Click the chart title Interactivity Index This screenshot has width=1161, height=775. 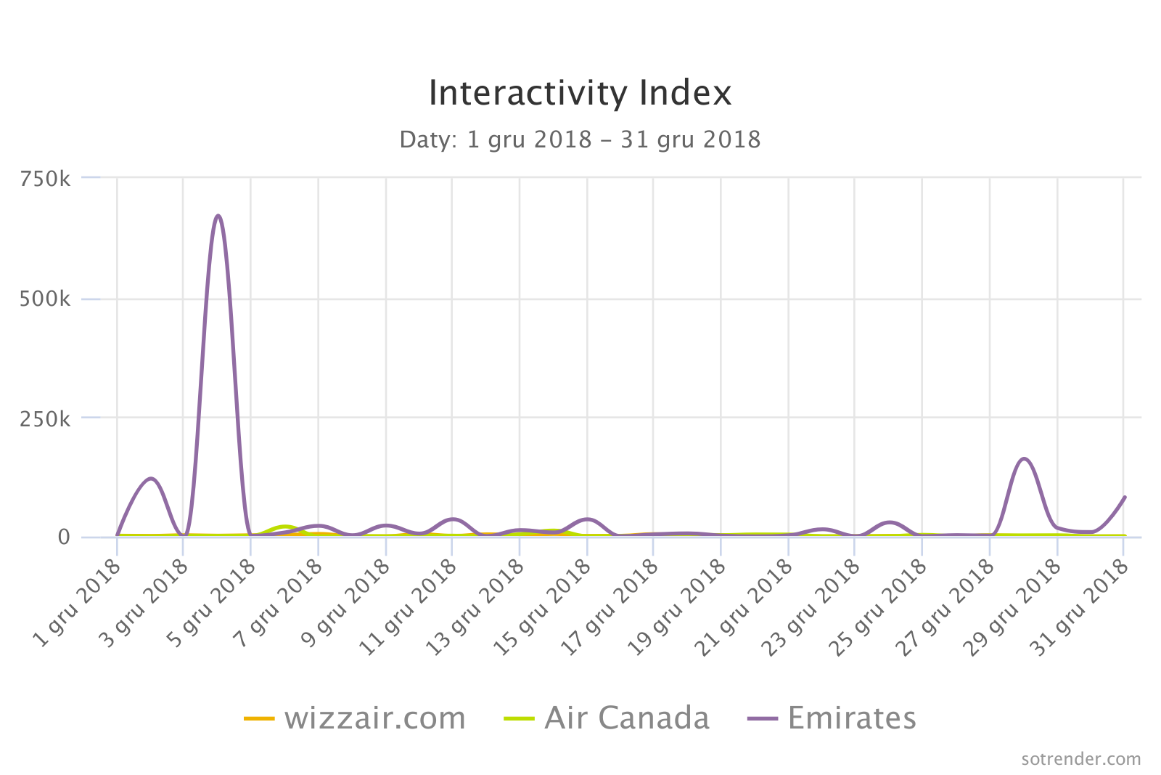coord(580,93)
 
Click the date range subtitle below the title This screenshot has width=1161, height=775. coord(580,139)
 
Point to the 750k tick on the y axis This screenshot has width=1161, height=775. coord(45,179)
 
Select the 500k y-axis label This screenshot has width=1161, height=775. coord(45,299)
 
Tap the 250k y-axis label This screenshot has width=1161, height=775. coord(45,418)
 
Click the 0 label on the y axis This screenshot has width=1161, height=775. coord(64,537)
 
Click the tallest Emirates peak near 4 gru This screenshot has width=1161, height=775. coord(218,216)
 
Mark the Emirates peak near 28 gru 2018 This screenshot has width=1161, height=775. coord(1024,458)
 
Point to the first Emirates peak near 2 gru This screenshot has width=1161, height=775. coord(151,478)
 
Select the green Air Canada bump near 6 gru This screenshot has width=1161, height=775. coord(284,526)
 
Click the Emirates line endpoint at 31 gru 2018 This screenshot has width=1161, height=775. coord(1125,498)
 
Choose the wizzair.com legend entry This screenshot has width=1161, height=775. coord(356,718)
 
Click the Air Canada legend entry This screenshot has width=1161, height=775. coord(607,718)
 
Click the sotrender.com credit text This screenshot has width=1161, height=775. coord(1080,759)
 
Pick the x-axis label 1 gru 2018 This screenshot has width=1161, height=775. coord(78,602)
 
